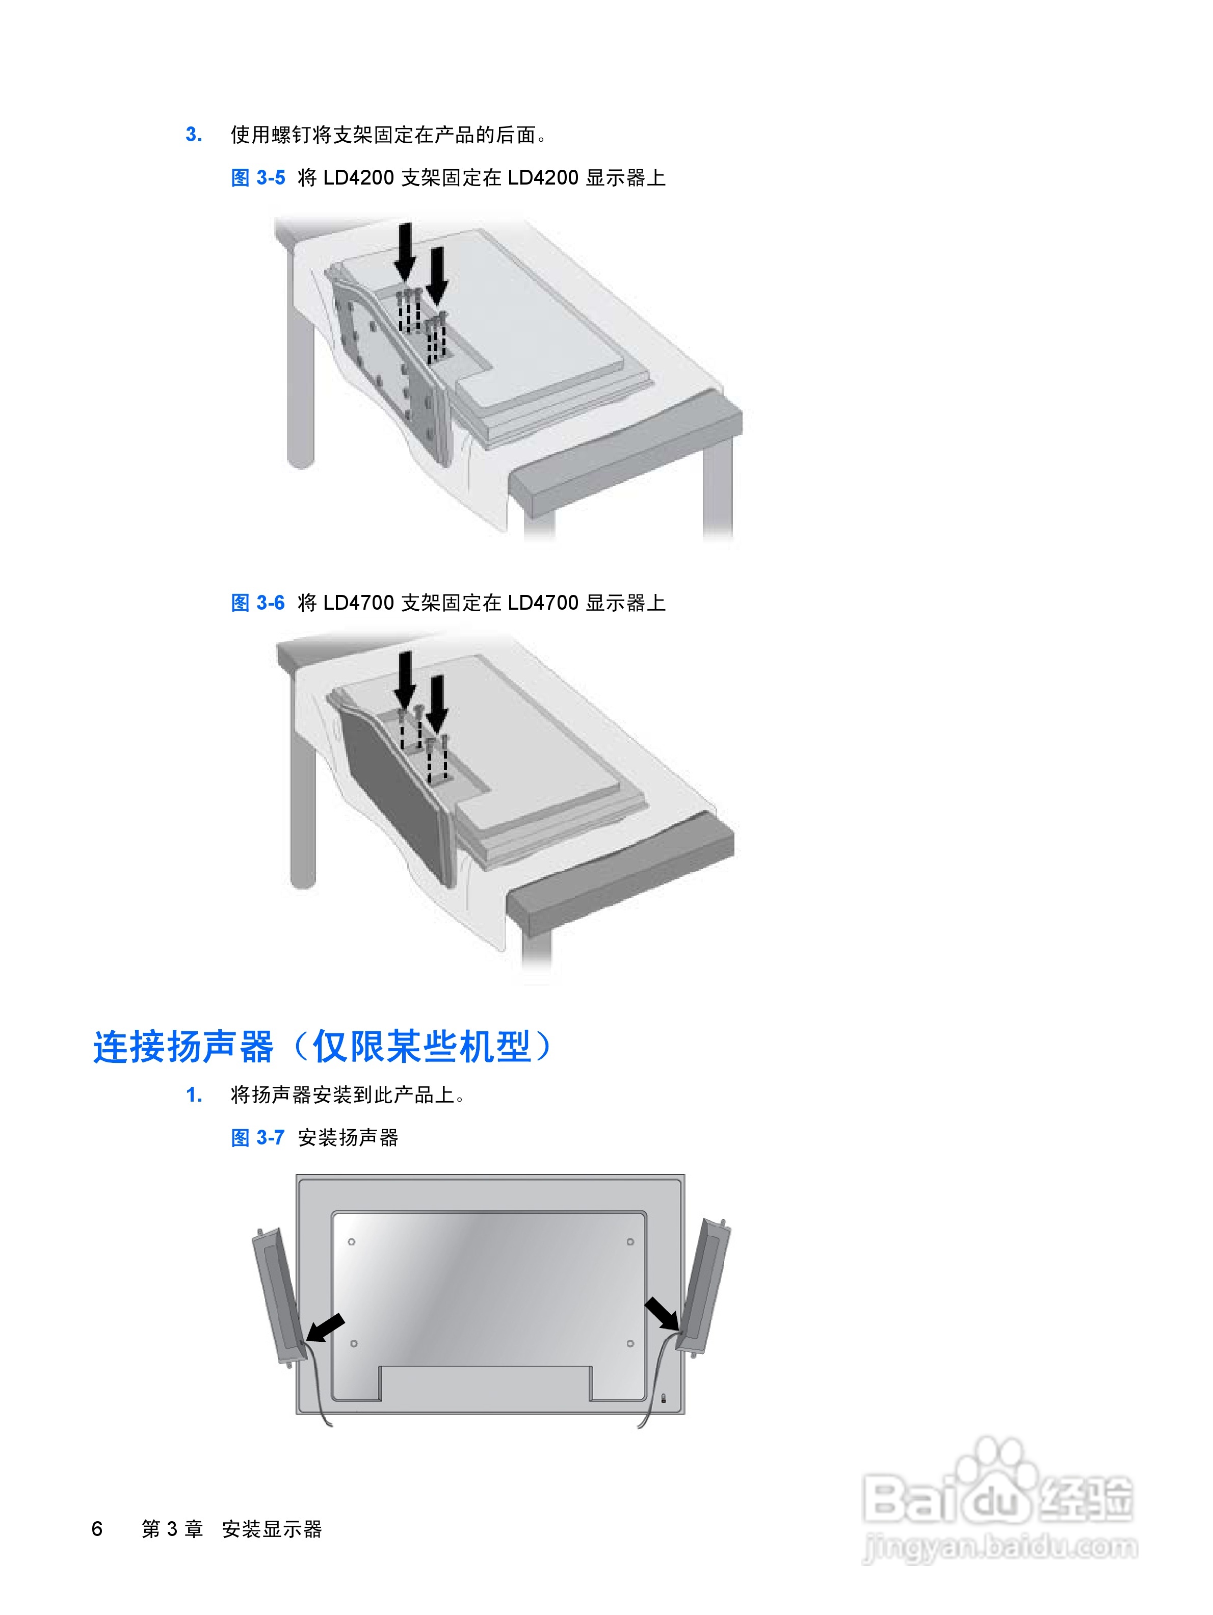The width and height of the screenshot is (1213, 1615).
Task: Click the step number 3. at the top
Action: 193,135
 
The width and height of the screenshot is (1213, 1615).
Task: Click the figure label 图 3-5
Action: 257,177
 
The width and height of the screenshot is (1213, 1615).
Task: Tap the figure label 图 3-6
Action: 257,603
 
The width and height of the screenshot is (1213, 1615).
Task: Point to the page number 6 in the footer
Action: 97,1528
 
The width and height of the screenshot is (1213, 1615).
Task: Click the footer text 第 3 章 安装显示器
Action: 231,1528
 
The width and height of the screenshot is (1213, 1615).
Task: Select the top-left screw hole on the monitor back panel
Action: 351,1241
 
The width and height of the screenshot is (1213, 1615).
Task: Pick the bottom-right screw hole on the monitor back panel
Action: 630,1343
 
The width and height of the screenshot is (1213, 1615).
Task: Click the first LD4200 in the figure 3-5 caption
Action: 358,177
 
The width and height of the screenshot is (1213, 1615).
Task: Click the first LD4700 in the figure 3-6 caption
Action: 358,603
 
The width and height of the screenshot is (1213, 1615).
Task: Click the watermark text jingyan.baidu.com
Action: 1000,1546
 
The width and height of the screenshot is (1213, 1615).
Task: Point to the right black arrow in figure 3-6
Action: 437,703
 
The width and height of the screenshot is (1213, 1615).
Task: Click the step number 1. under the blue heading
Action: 193,1095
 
